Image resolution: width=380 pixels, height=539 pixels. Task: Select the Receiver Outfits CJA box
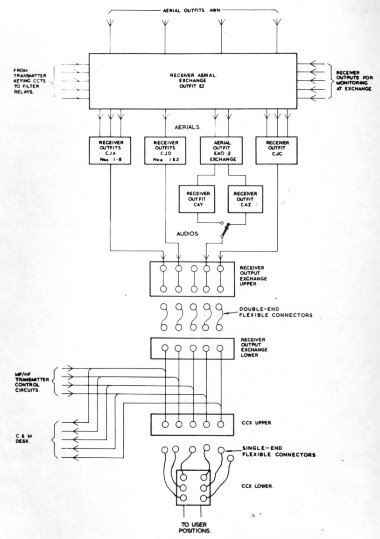tap(110, 150)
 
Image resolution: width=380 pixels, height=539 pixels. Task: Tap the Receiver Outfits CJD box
tap(165, 150)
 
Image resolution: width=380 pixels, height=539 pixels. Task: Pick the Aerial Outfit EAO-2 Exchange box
tap(221, 150)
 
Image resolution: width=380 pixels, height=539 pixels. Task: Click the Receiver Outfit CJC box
tap(276, 150)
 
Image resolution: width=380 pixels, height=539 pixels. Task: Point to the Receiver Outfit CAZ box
tap(245, 199)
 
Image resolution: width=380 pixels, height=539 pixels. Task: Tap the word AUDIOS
tap(187, 234)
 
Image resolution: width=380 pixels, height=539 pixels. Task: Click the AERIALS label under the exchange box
tap(187, 127)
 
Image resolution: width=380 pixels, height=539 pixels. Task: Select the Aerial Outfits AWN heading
tap(192, 10)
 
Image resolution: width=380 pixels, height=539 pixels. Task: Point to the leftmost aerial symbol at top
tap(110, 22)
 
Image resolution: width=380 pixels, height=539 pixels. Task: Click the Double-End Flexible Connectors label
tap(275, 312)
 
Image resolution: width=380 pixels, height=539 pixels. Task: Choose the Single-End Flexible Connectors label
tap(279, 451)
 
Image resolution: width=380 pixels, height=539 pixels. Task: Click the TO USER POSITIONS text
tap(194, 527)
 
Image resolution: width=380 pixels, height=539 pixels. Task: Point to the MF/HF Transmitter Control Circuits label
tap(32, 382)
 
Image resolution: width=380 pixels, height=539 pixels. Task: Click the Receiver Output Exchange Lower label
tap(254, 347)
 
